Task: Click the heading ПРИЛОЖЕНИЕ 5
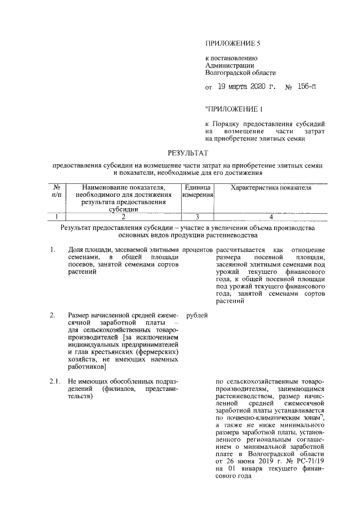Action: coord(233,43)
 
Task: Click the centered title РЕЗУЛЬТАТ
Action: coord(188,152)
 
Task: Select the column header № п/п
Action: coord(56,191)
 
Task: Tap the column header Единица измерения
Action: coord(196,191)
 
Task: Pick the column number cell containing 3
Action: coord(196,217)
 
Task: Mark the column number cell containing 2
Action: coord(123,217)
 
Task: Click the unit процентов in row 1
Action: coord(197,249)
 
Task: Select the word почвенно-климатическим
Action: coord(260,418)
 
